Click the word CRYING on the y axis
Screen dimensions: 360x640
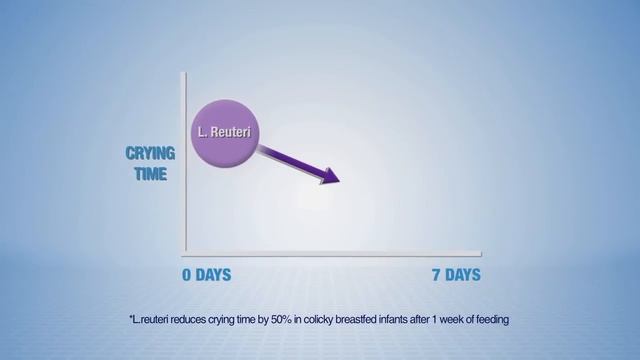tap(150, 154)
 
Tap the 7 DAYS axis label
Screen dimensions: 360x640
tap(456, 274)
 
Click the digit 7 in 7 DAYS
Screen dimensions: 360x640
tap(437, 274)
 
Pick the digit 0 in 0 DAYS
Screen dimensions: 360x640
tap(187, 274)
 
